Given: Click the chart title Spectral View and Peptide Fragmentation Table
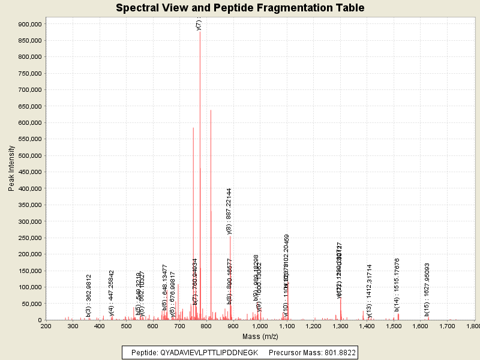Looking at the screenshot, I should pyautogui.click(x=240, y=8).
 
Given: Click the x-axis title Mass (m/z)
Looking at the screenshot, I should pyautogui.click(x=260, y=337).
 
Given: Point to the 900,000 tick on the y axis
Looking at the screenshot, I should pyautogui.click(x=29, y=24).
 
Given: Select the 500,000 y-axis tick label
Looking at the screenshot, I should pyautogui.click(x=29, y=155).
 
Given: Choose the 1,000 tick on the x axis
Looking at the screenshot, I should pyautogui.click(x=260, y=326).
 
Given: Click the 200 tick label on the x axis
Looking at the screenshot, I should pyautogui.click(x=46, y=326).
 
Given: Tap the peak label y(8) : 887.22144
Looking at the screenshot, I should pyautogui.click(x=229, y=211).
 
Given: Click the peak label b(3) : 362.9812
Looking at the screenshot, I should pyautogui.click(x=88, y=295).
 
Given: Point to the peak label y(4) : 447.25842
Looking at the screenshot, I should pyautogui.click(x=111, y=293).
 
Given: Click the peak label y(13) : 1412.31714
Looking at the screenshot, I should pyautogui.click(x=370, y=290).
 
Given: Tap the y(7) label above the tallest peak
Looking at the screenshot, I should pyautogui.click(x=199, y=24).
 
